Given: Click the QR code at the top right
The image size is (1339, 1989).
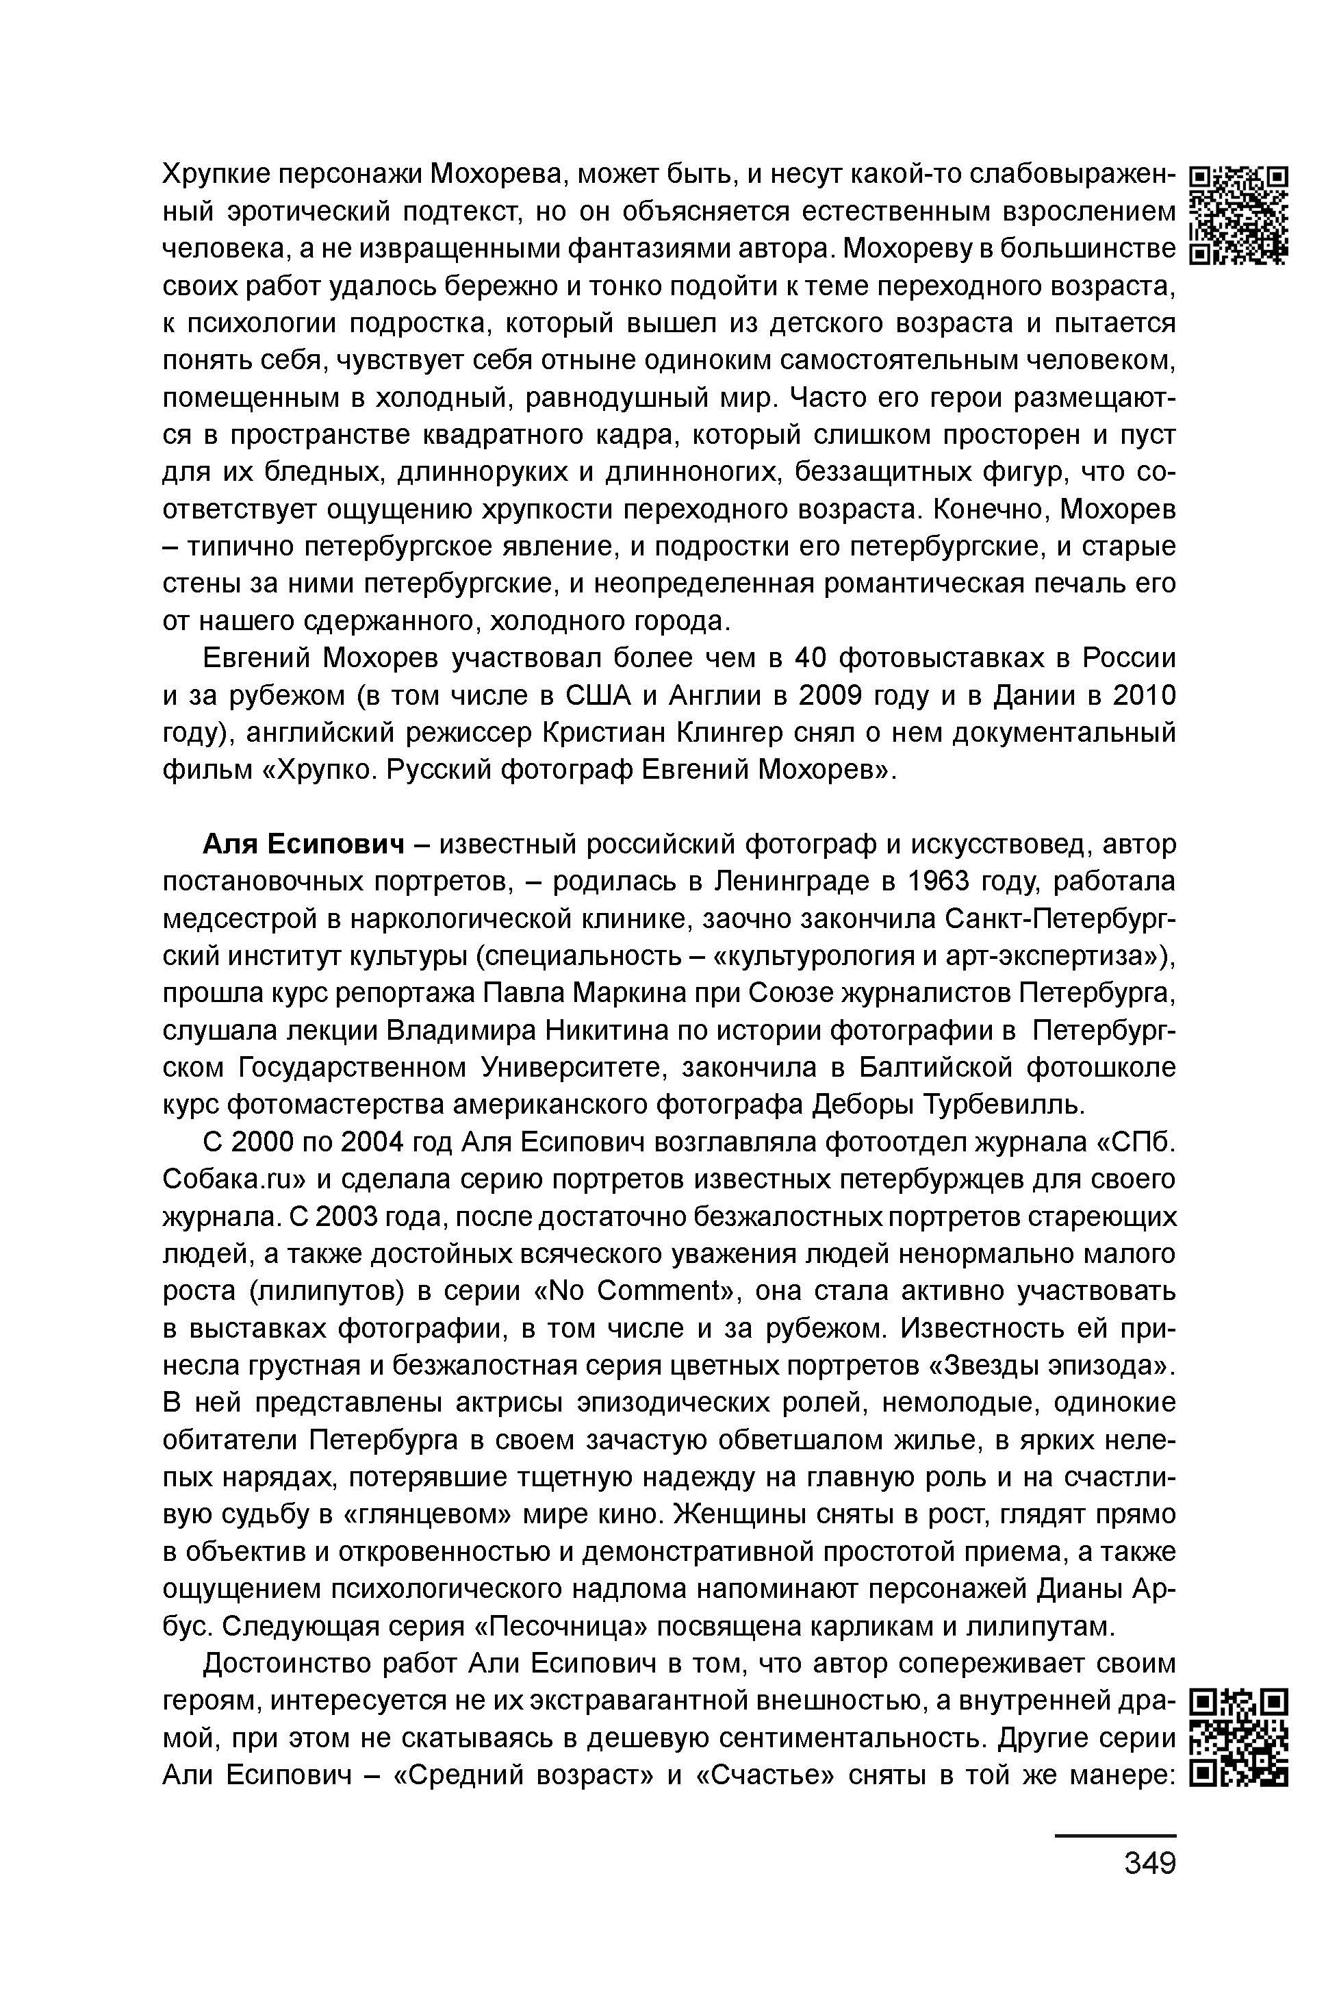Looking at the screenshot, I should (1239, 214).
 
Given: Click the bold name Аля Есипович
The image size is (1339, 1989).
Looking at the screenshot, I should (303, 844).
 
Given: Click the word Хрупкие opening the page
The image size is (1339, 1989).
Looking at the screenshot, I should (218, 173).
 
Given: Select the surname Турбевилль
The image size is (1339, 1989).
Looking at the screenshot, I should (1004, 1105).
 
